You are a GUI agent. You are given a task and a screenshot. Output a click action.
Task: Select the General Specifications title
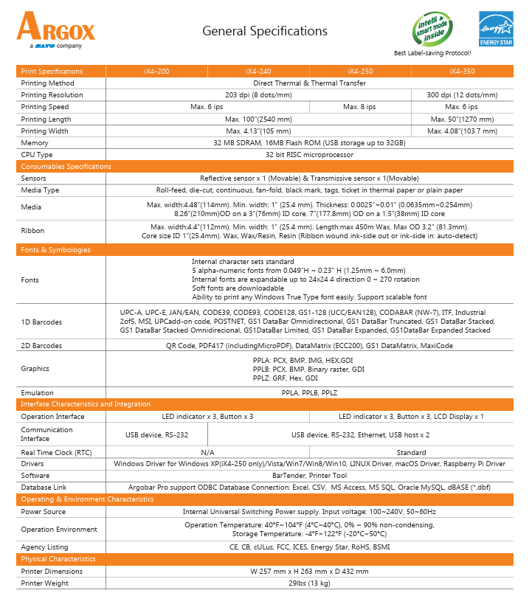coord(264,31)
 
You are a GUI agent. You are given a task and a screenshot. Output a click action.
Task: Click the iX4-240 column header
coord(258,72)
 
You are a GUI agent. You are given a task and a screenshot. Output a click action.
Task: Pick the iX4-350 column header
coord(462,72)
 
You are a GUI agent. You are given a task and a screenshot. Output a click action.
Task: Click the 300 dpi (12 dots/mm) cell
coord(462,95)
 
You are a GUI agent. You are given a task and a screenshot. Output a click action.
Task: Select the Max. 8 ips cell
coord(359,107)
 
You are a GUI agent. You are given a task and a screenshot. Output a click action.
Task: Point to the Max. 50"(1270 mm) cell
coord(462,119)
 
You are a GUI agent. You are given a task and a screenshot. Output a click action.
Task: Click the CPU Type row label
coord(37,155)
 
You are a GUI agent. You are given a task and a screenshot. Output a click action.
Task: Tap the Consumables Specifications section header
coord(66,167)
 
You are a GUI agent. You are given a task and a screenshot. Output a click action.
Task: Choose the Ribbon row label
coord(32,230)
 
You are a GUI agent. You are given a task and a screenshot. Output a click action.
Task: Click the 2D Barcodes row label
coord(41,345)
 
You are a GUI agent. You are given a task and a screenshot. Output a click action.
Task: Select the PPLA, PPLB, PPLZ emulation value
coord(308,393)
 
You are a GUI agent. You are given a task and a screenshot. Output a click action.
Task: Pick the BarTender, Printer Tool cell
coord(308,476)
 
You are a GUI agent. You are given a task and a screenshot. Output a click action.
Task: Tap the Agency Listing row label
coord(44,547)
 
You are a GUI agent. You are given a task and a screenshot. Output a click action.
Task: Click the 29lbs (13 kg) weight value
coord(308,583)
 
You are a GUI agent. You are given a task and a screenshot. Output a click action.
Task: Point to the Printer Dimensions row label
coord(52,571)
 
